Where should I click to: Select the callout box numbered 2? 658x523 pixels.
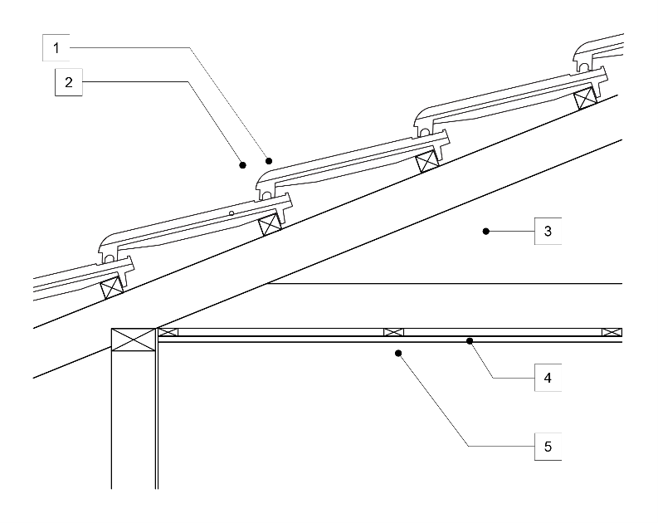[x=68, y=82]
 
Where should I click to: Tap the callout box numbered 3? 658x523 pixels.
[x=548, y=230]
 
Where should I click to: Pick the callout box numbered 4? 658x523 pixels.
[x=548, y=378]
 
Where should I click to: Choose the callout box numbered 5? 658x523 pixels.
[x=548, y=447]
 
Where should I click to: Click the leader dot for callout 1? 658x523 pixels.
[x=269, y=159]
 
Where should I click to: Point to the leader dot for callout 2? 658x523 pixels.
[x=243, y=164]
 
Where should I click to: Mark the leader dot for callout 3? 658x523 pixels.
[x=487, y=230]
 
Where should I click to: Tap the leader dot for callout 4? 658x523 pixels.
[x=470, y=340]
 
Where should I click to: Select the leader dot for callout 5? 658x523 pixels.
[x=399, y=353]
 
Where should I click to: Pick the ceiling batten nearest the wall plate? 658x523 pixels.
[x=168, y=332]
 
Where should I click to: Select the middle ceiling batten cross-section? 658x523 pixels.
[x=393, y=332]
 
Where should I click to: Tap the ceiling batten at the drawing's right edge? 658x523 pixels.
[x=612, y=332]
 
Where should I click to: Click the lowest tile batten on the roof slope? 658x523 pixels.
[x=112, y=287]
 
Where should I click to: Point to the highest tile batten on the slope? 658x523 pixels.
[x=588, y=97]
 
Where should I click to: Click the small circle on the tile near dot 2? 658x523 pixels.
[x=233, y=213]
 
